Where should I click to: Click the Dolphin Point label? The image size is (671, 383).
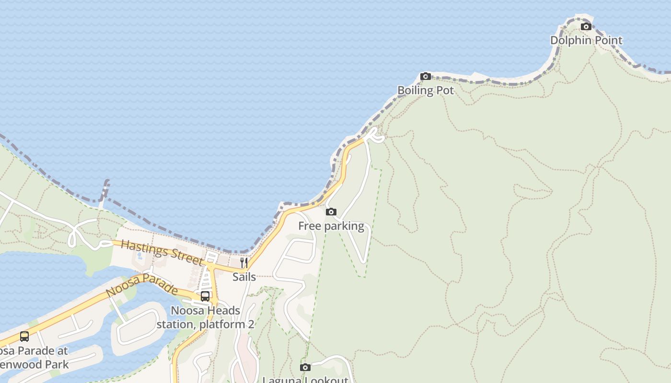(586, 40)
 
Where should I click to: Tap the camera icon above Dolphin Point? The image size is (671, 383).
(586, 26)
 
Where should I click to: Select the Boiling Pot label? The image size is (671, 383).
(426, 90)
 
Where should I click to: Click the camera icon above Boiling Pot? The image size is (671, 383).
(426, 76)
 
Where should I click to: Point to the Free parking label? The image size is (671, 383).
(331, 226)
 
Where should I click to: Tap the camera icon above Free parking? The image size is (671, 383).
(331, 212)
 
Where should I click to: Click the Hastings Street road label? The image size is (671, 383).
(162, 252)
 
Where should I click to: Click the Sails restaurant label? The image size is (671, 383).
(244, 277)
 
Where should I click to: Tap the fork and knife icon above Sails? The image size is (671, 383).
(244, 262)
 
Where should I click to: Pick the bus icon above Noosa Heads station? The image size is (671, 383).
(205, 296)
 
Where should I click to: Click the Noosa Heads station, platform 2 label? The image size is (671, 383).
(205, 317)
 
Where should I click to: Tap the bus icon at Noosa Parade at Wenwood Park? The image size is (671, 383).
(24, 337)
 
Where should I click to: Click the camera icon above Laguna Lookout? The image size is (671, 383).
(305, 367)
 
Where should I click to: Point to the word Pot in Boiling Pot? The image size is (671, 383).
(444, 90)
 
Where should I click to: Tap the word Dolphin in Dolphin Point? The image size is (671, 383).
(570, 40)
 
